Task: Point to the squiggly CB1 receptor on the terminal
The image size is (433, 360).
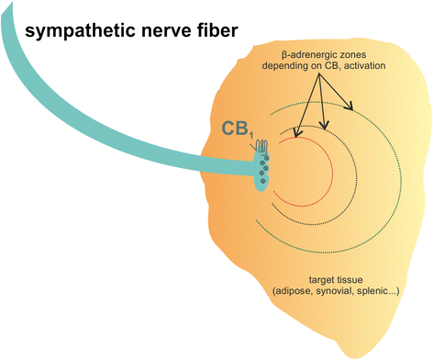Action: (x=262, y=147)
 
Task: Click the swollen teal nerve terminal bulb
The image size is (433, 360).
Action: (x=262, y=172)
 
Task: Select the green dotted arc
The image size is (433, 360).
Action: (x=401, y=177)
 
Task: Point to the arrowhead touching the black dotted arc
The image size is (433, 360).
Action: (x=324, y=125)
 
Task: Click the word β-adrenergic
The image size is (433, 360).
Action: (x=306, y=55)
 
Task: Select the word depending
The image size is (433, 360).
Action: (x=285, y=66)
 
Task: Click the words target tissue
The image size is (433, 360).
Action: (x=336, y=279)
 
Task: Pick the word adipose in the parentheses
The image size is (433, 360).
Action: (x=294, y=290)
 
